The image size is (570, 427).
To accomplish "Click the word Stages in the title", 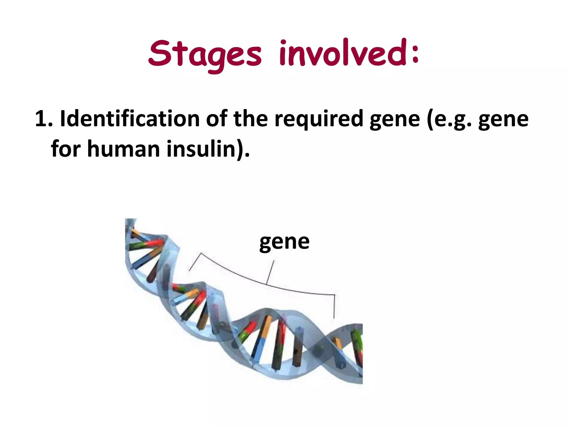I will tap(205, 54).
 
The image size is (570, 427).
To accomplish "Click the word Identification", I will tap(130, 119).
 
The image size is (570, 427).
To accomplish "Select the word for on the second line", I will tap(66, 149).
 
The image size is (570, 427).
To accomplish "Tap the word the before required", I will tap(250, 119).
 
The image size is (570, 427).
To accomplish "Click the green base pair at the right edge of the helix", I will tap(357, 342).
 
